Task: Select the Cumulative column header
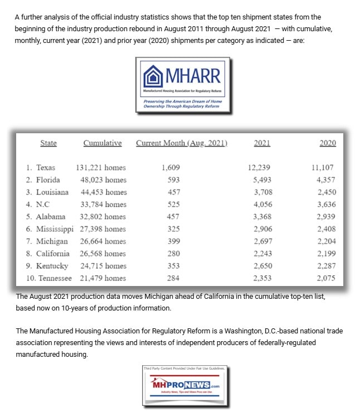coord(103,143)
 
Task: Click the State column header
coord(48,143)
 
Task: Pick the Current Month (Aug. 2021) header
coord(182,143)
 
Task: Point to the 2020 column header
coord(328,143)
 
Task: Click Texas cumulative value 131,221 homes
coord(101,167)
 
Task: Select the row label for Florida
coord(43,180)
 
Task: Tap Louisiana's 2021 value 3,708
coord(262,192)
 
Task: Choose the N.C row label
coord(40,204)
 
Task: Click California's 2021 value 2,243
coord(262,253)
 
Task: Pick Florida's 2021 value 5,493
coord(262,180)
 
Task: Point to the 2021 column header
coord(262,143)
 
